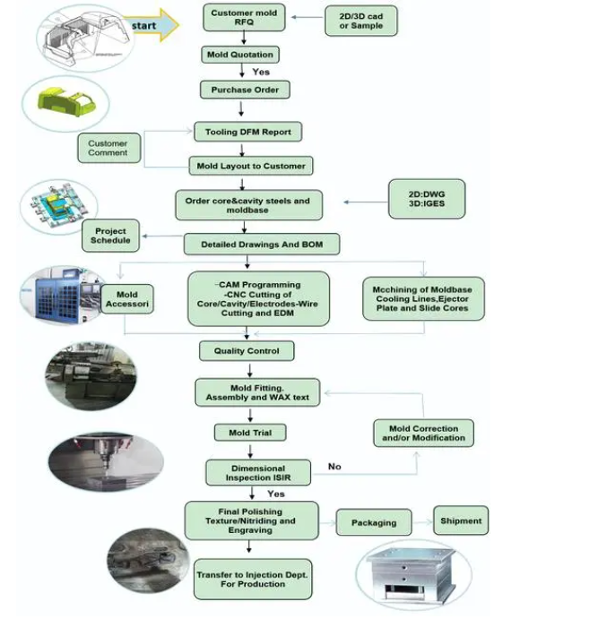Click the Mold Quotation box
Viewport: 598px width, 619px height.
[239, 55]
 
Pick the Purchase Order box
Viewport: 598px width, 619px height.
[245, 90]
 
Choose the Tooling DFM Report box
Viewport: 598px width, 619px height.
[248, 131]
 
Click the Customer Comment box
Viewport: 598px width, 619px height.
[108, 148]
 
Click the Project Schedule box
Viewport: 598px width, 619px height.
[111, 235]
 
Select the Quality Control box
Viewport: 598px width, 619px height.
[247, 350]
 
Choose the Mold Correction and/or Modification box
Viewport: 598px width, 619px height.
[424, 433]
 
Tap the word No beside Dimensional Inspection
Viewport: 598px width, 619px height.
[334, 467]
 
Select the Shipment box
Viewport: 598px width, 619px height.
[461, 520]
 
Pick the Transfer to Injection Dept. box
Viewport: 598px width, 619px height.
[253, 579]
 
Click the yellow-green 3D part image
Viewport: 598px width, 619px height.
[66, 103]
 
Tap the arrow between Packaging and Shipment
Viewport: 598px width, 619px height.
[421, 521]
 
